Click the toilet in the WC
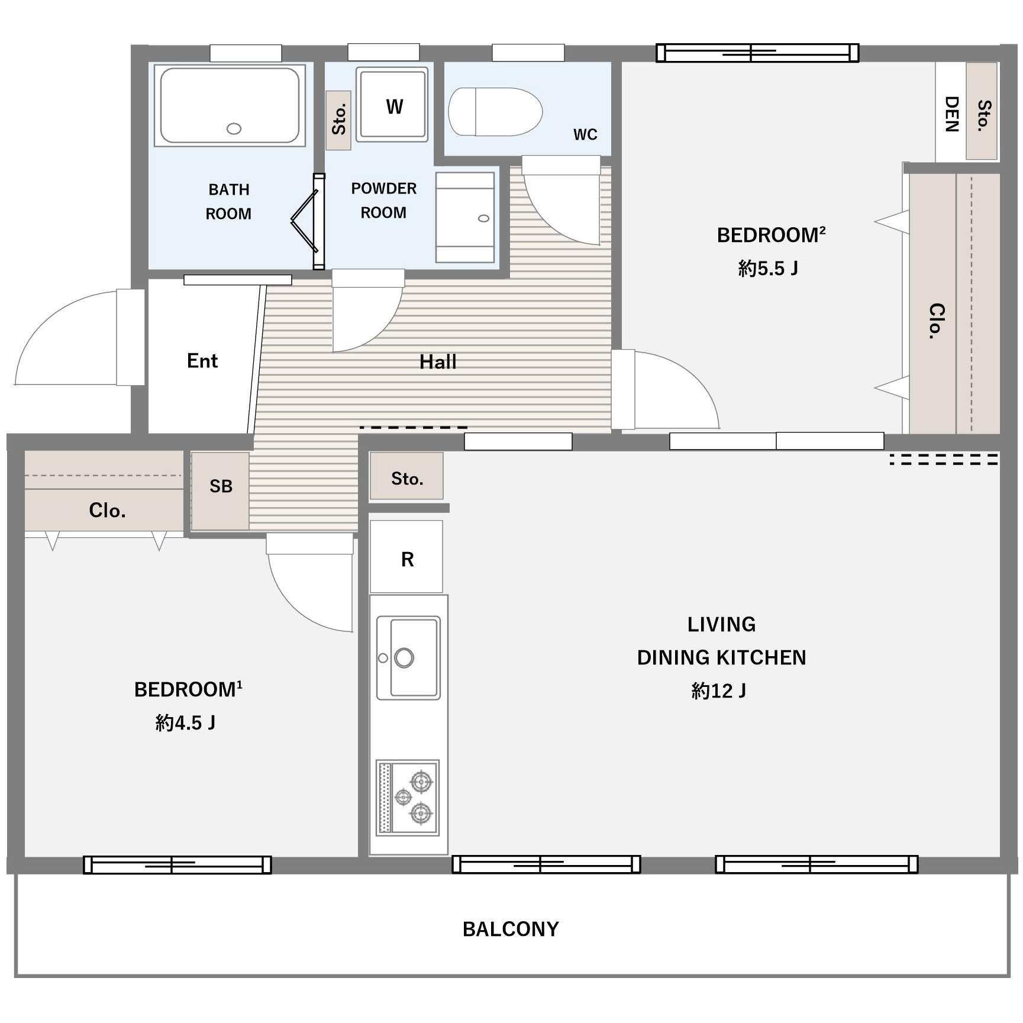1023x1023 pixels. click(495, 112)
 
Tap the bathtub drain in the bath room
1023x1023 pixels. click(234, 128)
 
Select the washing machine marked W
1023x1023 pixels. click(392, 105)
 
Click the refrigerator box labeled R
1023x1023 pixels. click(406, 557)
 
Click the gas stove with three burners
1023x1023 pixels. click(408, 798)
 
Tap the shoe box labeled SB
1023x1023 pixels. click(220, 491)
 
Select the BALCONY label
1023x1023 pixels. click(511, 929)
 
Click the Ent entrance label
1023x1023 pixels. click(202, 361)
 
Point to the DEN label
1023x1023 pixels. click(951, 114)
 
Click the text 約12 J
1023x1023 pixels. click(719, 690)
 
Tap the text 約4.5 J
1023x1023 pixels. click(185, 722)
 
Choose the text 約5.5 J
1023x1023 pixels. click(768, 269)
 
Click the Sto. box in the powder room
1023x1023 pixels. click(338, 120)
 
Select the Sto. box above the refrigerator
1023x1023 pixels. click(406, 476)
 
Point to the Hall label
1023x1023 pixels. click(438, 362)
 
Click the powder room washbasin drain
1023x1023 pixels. click(483, 218)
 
